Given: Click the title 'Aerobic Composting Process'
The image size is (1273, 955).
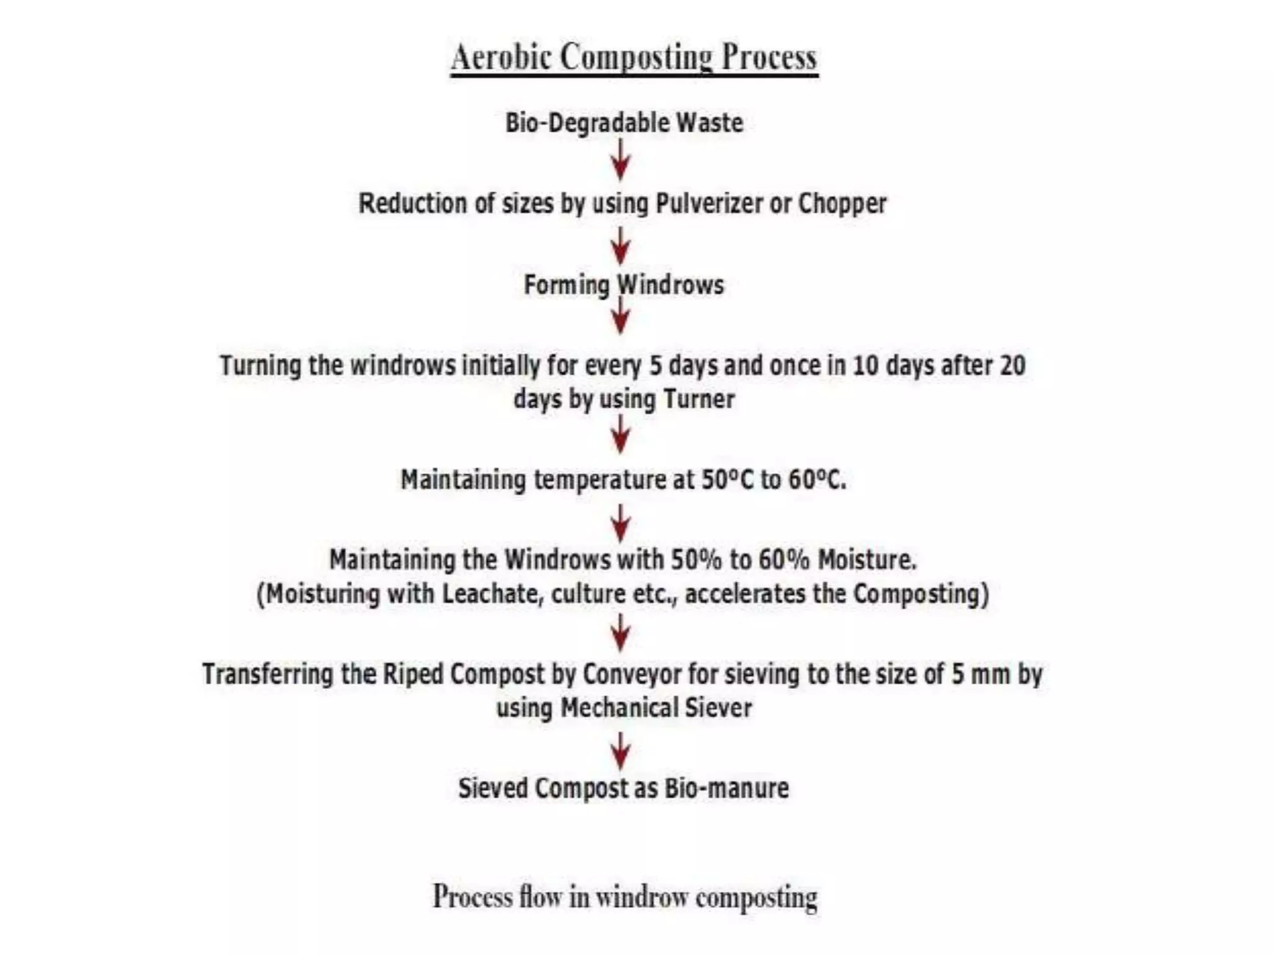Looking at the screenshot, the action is [634, 58].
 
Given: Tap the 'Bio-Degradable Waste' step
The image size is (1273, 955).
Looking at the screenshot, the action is [624, 122].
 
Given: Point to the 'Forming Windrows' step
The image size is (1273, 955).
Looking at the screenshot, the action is [624, 285].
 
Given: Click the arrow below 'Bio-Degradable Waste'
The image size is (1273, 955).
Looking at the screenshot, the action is [621, 160].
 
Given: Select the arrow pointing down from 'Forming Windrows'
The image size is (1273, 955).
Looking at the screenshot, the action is [621, 317].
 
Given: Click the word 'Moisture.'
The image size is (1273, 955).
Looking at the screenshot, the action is [866, 560].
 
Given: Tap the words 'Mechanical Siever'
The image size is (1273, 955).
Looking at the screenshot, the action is [656, 708].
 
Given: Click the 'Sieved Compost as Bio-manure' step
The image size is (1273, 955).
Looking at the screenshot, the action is [623, 788].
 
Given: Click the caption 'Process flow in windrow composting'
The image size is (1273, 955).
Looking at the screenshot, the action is [625, 897].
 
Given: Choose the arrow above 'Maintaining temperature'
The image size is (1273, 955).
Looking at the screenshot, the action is [621, 435].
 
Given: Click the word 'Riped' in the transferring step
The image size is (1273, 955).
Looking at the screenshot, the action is [412, 674].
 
